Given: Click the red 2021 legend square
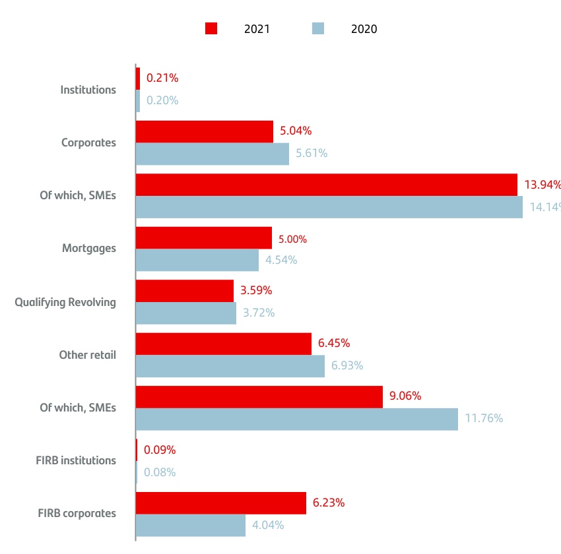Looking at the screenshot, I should [x=211, y=28].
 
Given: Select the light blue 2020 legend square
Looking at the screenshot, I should [x=319, y=28].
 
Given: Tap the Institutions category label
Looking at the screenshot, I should [x=88, y=90].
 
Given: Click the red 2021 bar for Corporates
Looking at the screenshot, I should [x=205, y=131].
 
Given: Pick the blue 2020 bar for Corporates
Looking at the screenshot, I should [x=213, y=154].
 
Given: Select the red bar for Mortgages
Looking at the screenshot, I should [x=204, y=237].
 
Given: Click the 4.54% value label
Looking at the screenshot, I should [x=281, y=260].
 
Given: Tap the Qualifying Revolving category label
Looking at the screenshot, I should [x=65, y=302].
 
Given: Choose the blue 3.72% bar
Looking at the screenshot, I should [x=186, y=313].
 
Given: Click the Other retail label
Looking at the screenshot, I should [x=87, y=355].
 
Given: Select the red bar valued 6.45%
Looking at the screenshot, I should [x=224, y=344].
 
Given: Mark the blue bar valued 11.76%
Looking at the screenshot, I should [x=297, y=419].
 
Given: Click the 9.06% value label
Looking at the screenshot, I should [x=405, y=396].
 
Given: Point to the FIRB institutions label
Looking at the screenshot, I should [x=76, y=460].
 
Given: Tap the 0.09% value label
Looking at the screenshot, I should [x=161, y=450].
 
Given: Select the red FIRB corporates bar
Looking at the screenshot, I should [x=221, y=503].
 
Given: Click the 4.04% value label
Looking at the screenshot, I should [x=268, y=526].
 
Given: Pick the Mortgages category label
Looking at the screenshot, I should [x=89, y=249].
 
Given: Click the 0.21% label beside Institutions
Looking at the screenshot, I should [x=162, y=78].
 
